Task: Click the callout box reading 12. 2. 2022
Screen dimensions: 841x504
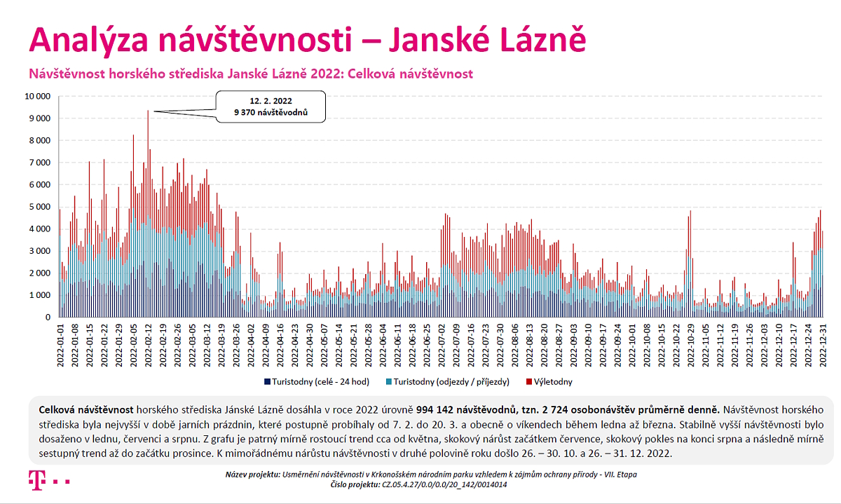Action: tap(271, 107)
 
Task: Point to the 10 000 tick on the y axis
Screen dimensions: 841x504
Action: tap(38, 97)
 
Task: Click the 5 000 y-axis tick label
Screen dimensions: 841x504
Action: tap(40, 207)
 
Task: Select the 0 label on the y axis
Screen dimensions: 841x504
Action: tap(48, 318)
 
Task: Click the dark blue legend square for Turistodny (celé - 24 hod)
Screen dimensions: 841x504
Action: tap(267, 382)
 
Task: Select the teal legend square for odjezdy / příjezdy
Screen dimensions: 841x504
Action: tap(389, 382)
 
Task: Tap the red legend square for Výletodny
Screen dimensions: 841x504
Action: tap(529, 382)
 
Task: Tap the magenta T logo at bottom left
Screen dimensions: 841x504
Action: tap(37, 480)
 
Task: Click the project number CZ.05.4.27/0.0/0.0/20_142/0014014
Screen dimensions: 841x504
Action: tap(444, 485)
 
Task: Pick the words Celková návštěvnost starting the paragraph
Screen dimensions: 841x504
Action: tap(86, 410)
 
